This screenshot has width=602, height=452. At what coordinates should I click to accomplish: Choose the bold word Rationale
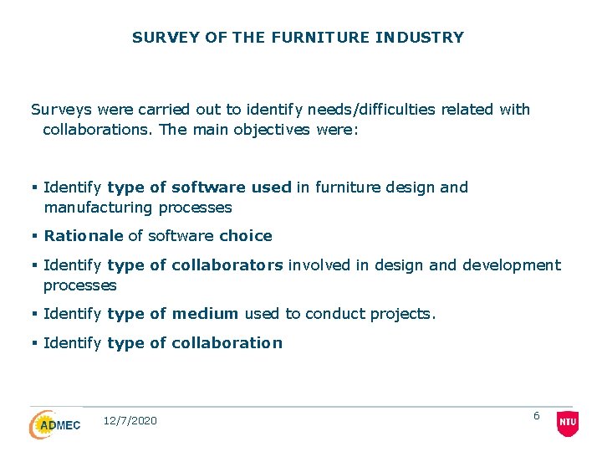pyautogui.click(x=84, y=236)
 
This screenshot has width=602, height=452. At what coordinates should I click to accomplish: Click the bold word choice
pyautogui.click(x=246, y=236)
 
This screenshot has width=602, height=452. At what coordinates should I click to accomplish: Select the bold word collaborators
pyautogui.click(x=227, y=265)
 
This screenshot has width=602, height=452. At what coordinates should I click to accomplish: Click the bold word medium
pyautogui.click(x=206, y=314)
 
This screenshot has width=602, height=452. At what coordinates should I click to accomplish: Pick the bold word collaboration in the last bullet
pyautogui.click(x=227, y=342)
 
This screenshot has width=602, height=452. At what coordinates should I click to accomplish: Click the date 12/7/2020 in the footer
pyautogui.click(x=130, y=421)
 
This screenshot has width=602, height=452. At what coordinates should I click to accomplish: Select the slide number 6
pyautogui.click(x=537, y=416)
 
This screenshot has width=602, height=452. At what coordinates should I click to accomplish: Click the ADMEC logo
pyautogui.click(x=55, y=424)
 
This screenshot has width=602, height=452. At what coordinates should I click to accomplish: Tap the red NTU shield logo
pyautogui.click(x=568, y=424)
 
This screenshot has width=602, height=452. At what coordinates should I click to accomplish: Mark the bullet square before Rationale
pyautogui.click(x=34, y=236)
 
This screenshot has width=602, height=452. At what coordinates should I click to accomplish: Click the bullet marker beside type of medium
pyautogui.click(x=34, y=314)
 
